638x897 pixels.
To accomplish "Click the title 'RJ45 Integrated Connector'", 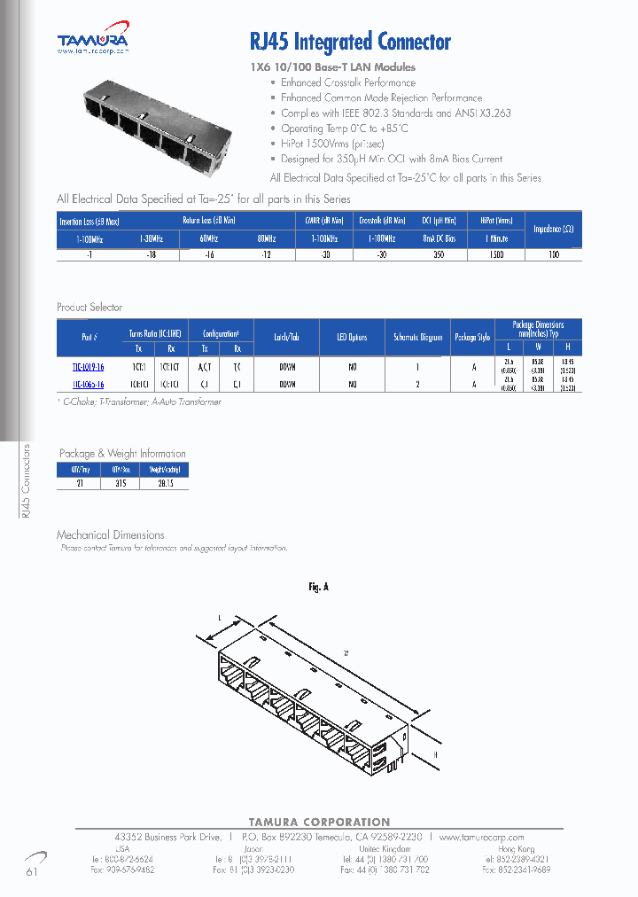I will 351,42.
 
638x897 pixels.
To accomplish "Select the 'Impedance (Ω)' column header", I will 554,228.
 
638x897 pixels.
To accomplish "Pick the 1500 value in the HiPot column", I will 496,254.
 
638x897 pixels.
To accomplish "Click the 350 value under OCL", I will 438,254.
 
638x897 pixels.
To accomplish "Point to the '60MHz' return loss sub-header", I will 209,239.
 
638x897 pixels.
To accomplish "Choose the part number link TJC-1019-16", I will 88,365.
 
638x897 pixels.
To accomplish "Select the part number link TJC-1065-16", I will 88,385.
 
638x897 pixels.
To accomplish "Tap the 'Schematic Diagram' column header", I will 417,338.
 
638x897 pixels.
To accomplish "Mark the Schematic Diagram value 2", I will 417,385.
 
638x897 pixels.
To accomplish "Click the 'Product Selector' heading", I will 90,308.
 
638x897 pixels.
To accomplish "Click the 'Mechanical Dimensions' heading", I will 111,534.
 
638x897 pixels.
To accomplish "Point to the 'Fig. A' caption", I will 318,587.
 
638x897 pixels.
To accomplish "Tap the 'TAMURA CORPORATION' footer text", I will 318,823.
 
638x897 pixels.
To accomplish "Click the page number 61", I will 33,872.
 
